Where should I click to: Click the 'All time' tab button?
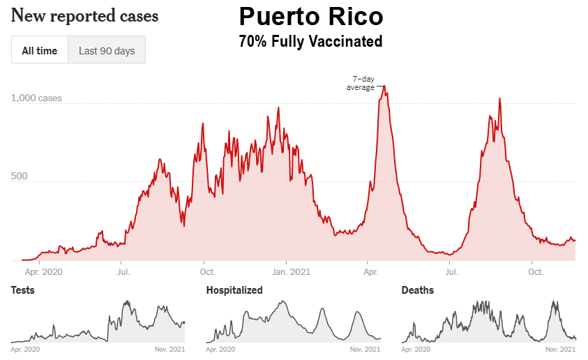[x=40, y=50]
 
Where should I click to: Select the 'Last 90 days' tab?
[x=107, y=50]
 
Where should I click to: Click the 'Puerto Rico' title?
[x=310, y=17]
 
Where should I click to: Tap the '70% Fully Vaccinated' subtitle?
[x=310, y=42]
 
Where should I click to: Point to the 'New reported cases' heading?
[x=85, y=15]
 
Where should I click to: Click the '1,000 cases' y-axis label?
[x=36, y=98]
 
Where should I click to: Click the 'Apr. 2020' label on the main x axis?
[x=43, y=272]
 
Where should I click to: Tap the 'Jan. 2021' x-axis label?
[x=290, y=272]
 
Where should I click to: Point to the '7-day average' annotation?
[x=361, y=83]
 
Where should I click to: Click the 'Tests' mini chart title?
[x=23, y=290]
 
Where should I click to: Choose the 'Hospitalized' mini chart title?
[x=234, y=290]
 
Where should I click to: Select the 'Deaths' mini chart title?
[x=418, y=290]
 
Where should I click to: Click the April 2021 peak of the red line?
[x=384, y=87]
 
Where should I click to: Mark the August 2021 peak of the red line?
[x=499, y=99]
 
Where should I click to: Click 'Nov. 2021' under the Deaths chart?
[x=561, y=348]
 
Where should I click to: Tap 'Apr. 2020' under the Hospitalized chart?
[x=222, y=348]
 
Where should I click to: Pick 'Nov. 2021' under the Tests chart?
[x=169, y=348]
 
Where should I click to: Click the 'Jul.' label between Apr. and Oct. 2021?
[x=452, y=272]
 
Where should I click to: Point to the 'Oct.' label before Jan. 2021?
[x=207, y=272]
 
